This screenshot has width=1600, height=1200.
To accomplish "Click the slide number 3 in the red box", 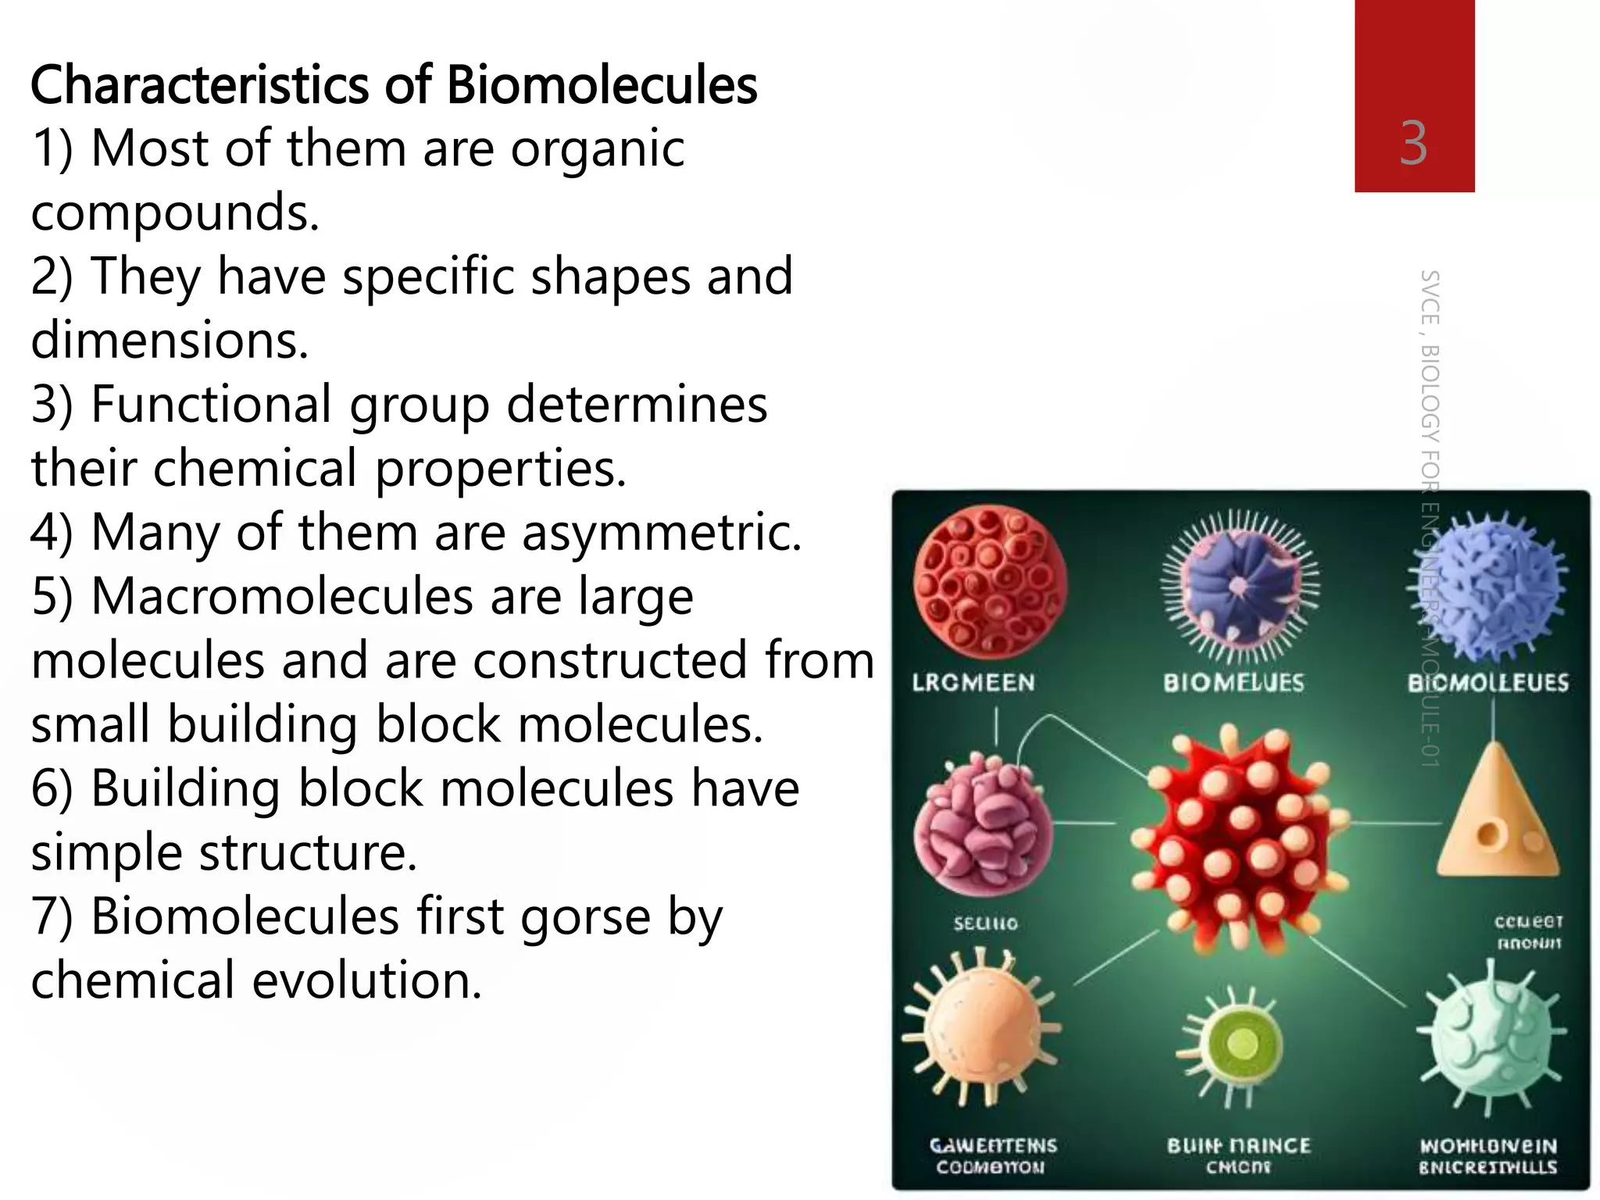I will point(1413,144).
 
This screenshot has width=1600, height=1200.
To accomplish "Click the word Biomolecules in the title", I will point(602,85).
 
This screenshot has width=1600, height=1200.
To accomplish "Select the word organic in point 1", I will point(598,148).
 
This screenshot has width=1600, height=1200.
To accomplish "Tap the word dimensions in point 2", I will point(170,341).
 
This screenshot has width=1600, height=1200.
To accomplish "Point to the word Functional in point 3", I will point(211,405).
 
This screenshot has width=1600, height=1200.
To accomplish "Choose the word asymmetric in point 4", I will point(661,533).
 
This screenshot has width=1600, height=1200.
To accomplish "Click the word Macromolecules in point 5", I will point(282,597).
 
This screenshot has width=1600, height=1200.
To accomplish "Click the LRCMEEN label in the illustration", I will point(973,683).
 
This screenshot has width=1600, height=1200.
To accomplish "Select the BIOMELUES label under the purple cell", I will point(1234,683).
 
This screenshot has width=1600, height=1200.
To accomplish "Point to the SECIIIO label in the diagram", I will point(986,923).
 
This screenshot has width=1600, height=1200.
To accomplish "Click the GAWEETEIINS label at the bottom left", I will point(992,1146).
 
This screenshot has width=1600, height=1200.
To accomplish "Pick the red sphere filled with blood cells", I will point(991,581).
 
